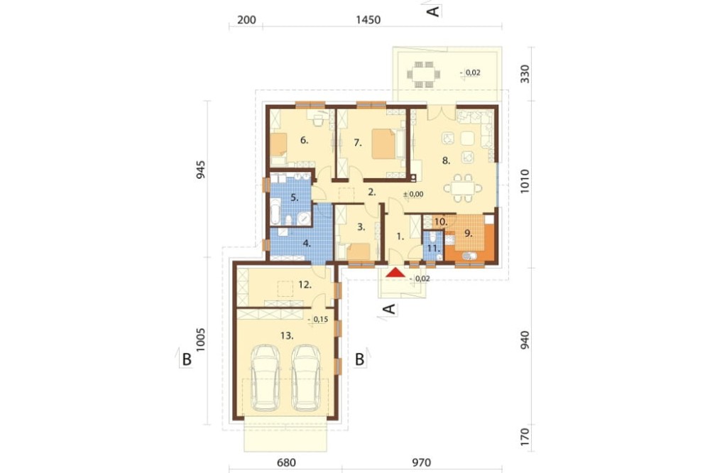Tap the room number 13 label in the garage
click(287, 336)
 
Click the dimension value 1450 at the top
click(368, 20)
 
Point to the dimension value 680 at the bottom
click(286, 462)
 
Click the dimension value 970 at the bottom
click(421, 462)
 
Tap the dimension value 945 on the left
click(201, 170)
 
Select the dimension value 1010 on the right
click(525, 182)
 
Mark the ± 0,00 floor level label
click(413, 195)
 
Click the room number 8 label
click(446, 161)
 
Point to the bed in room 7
click(383, 143)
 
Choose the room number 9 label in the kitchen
click(468, 234)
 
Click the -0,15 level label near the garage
click(318, 320)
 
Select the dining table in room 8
click(463, 188)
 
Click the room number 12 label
click(305, 285)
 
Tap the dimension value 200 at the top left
click(247, 20)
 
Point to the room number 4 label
click(307, 244)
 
